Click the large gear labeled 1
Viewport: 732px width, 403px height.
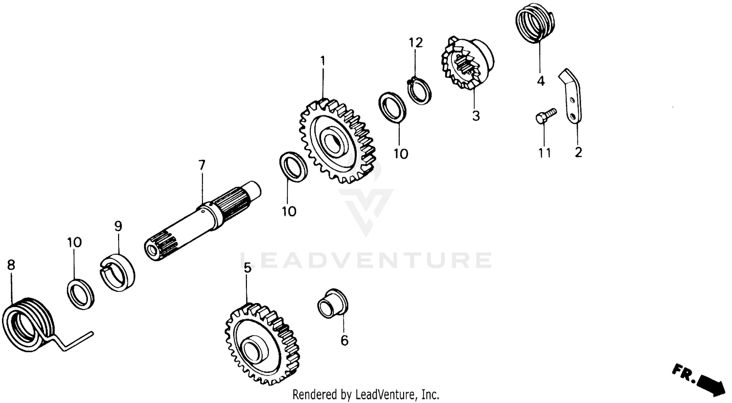point(337,141)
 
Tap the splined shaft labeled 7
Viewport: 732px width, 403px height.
point(203,219)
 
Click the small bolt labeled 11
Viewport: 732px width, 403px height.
point(546,115)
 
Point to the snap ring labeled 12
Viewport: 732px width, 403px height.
point(419,91)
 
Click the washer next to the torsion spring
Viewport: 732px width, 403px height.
point(81,294)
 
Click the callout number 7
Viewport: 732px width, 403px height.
point(202,165)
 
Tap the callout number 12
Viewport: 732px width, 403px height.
point(415,42)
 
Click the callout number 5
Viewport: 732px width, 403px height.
point(247,267)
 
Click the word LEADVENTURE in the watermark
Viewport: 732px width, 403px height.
point(366,260)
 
